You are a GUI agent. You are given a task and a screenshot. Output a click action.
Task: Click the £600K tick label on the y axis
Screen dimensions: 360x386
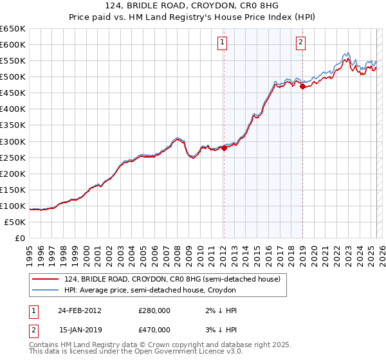(13, 44)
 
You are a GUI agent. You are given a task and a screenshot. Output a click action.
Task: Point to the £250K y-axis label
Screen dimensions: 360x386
(13, 157)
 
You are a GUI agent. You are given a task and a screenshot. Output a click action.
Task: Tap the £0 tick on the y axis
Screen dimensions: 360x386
(20, 238)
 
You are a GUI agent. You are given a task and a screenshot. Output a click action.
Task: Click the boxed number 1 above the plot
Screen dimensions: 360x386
(222, 43)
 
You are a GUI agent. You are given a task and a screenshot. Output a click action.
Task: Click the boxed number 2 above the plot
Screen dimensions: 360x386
(300, 43)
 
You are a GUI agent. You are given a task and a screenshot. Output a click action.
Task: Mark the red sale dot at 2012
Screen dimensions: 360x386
(224, 147)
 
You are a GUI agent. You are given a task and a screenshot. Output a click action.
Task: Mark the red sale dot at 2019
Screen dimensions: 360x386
(302, 86)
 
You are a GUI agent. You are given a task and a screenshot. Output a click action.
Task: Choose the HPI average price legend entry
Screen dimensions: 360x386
(150, 291)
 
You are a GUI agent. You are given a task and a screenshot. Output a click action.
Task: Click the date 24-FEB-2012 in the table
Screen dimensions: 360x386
(79, 310)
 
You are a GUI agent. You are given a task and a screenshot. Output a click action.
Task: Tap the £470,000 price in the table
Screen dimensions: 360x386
(154, 329)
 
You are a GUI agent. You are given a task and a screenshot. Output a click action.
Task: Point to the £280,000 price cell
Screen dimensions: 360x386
(154, 310)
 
